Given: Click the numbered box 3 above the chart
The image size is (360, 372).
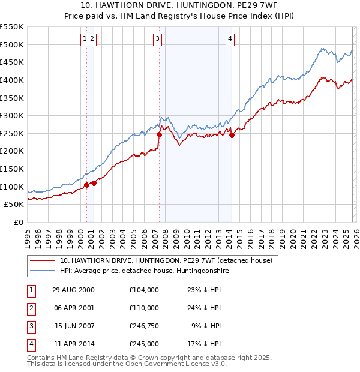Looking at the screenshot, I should pos(157,39).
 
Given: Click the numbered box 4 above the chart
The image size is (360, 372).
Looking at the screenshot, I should pos(230,39).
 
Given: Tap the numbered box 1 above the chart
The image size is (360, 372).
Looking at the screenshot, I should pos(85,39).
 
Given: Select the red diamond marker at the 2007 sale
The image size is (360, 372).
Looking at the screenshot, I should pos(159,134).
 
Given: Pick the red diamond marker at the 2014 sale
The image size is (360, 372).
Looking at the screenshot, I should pos(232,135).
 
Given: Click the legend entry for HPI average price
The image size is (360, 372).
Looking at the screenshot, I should pos(144,271).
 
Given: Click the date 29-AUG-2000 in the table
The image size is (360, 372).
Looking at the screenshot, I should pos(74,290).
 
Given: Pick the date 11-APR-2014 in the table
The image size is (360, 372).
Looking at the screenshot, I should pos(74,344).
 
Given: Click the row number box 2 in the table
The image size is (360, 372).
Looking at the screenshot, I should pos(30,308).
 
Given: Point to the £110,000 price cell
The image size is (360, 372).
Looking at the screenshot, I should pos(143,308).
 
